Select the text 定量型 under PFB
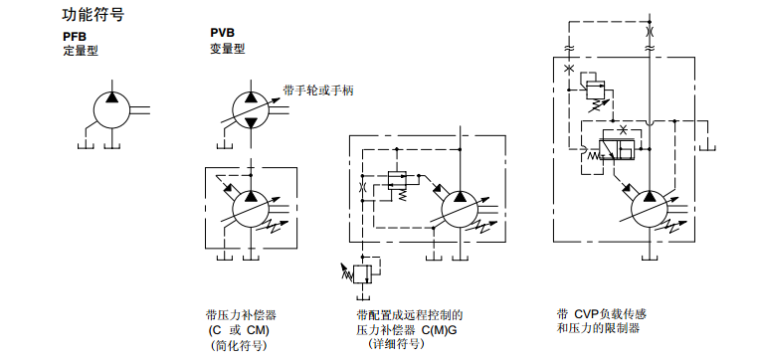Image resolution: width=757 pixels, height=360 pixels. [x=80, y=50]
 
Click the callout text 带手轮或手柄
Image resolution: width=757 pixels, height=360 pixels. [x=318, y=90]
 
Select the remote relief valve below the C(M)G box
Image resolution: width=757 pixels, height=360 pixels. [x=362, y=271]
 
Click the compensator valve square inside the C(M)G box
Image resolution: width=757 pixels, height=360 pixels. [x=396, y=180]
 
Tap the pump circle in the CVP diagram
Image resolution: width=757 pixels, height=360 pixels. [x=651, y=211]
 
